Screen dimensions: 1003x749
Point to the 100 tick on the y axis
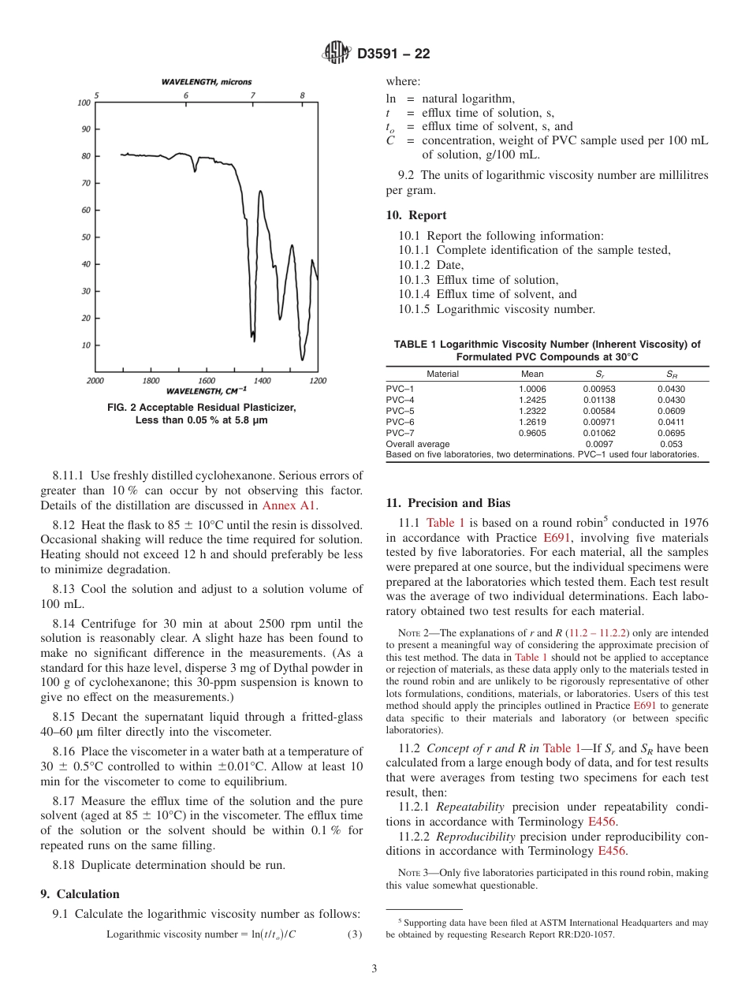pyautogui.click(x=84, y=103)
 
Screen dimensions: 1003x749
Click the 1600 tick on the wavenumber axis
pyautogui.click(x=207, y=381)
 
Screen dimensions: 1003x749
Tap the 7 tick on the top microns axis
pyautogui.click(x=253, y=95)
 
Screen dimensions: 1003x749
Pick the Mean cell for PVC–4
pyautogui.click(x=531, y=400)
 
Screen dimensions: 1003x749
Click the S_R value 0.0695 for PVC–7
pyautogui.click(x=671, y=433)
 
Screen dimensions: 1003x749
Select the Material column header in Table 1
pyautogui.click(x=442, y=374)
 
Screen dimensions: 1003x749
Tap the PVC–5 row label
pyautogui.click(x=400, y=411)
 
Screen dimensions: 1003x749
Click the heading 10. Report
pyautogui.click(x=415, y=215)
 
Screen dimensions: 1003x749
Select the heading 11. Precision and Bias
pyautogui.click(x=448, y=503)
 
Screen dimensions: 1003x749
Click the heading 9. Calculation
pyautogui.click(x=80, y=894)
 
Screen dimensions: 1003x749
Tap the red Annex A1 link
pyautogui.click(x=285, y=505)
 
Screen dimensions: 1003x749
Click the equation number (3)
pyautogui.click(x=355, y=934)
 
